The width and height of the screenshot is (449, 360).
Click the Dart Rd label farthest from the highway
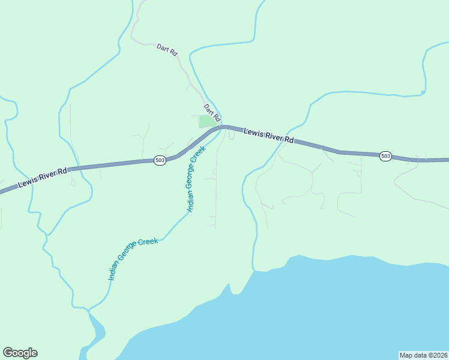(167, 50)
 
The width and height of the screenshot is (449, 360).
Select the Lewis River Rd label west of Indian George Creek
(43, 178)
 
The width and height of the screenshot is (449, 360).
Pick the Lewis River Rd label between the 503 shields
(269, 135)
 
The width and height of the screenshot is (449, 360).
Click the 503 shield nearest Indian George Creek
(160, 160)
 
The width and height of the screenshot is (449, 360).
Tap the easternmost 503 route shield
(385, 156)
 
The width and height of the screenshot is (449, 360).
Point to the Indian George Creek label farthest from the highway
(133, 259)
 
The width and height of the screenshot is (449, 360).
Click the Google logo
(20, 353)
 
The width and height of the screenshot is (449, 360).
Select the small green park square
(206, 121)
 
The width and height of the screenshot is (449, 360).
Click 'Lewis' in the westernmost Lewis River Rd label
(27, 182)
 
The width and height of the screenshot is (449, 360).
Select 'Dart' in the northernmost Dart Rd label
(163, 47)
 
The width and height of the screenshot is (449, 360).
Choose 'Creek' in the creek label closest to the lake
(148, 243)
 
